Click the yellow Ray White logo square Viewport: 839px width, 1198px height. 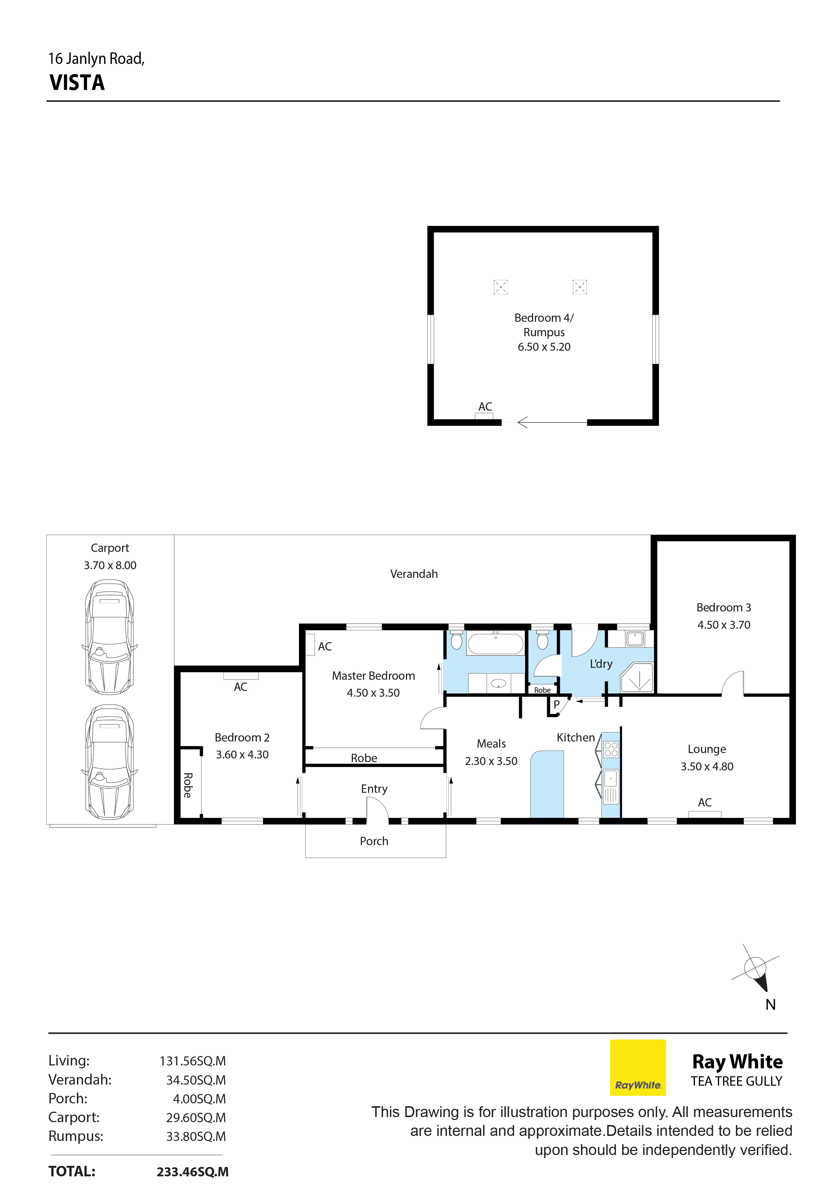click(637, 1067)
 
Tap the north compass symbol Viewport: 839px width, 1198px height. click(756, 970)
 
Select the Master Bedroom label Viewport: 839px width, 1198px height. click(373, 676)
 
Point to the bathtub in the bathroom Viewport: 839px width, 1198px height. click(495, 643)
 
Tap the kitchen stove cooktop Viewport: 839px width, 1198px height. click(611, 749)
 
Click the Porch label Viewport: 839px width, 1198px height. click(374, 841)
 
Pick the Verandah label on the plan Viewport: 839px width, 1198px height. click(414, 574)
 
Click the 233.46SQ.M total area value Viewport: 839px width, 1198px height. click(193, 1171)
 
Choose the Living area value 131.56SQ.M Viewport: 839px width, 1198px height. click(193, 1061)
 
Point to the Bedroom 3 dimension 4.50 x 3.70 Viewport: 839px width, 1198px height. click(724, 624)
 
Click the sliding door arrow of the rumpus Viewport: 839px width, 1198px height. click(552, 422)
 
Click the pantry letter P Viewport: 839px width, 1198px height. click(556, 704)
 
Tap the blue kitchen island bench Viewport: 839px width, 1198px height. click(547, 784)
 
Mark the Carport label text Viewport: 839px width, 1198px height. click(109, 548)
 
